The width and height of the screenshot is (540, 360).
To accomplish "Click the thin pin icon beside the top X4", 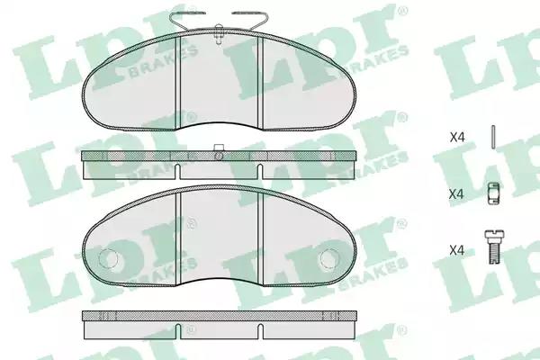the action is click(493, 137).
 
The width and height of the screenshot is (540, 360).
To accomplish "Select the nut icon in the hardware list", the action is click(493, 193).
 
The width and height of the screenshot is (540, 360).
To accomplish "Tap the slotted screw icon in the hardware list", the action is click(494, 247).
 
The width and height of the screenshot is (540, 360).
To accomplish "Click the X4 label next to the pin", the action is click(457, 138).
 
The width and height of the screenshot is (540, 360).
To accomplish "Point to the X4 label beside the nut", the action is click(456, 194).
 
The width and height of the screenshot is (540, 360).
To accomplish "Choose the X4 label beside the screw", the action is click(457, 250).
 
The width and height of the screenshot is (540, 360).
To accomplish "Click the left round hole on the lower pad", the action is click(108, 258).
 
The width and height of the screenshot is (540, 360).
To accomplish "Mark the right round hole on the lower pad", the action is click(330, 258).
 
